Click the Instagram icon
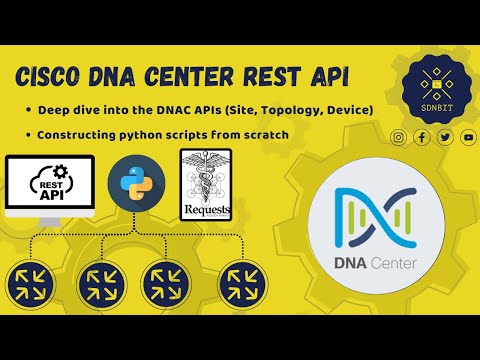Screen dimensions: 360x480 398,137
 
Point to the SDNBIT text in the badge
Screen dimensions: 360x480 431,105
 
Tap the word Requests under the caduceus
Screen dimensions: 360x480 204,211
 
